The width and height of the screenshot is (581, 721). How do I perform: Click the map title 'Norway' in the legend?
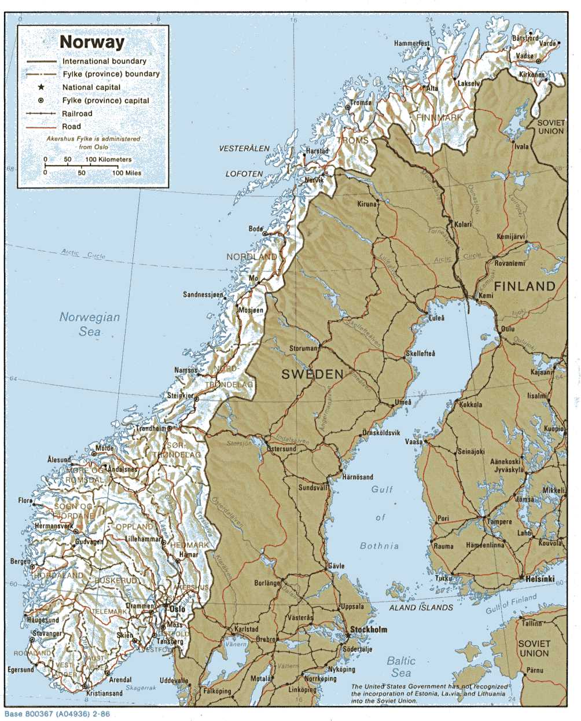pyautogui.click(x=92, y=42)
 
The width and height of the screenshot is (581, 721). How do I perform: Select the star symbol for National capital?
pyautogui.click(x=41, y=87)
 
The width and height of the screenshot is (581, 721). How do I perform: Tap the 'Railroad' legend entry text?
pyautogui.click(x=77, y=114)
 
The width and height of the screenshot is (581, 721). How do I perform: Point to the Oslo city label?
pyautogui.click(x=177, y=609)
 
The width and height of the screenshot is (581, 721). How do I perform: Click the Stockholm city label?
pyautogui.click(x=369, y=630)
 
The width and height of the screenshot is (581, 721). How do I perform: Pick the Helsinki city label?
pyautogui.click(x=539, y=579)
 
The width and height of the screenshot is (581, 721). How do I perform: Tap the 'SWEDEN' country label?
pyautogui.click(x=312, y=374)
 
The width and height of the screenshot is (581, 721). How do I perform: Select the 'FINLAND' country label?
pyautogui.click(x=524, y=286)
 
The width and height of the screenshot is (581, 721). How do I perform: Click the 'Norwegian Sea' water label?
pyautogui.click(x=90, y=324)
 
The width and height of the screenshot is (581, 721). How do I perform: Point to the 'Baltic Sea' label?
pyautogui.click(x=401, y=667)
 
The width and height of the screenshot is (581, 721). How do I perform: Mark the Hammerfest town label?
pyautogui.click(x=411, y=43)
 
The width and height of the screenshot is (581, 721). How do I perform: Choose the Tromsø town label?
pyautogui.click(x=361, y=103)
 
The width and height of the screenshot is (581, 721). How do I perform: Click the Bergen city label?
pyautogui.click(x=20, y=561)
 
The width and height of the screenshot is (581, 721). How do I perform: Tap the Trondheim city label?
pyautogui.click(x=150, y=429)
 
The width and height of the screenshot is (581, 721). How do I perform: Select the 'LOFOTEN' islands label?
pyautogui.click(x=244, y=174)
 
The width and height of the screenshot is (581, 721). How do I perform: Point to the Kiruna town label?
pyautogui.click(x=366, y=204)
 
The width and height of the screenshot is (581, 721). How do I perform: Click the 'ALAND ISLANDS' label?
pyautogui.click(x=421, y=608)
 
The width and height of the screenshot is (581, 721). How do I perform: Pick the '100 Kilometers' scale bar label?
pyautogui.click(x=109, y=160)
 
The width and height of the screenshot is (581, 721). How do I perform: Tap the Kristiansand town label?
pyautogui.click(x=105, y=693)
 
